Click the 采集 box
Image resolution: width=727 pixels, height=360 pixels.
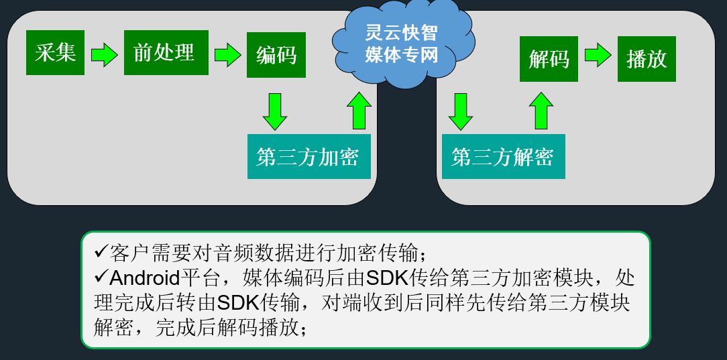click(x=55, y=53)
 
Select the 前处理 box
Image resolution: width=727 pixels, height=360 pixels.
click(x=166, y=53)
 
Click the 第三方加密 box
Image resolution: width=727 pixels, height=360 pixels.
click(x=309, y=157)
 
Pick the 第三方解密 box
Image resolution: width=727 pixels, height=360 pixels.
click(x=503, y=157)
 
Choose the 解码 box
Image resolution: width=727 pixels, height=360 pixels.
click(x=549, y=59)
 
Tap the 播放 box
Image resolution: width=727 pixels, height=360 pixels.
click(x=647, y=59)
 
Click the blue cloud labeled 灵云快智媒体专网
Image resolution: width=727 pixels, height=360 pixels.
click(x=402, y=46)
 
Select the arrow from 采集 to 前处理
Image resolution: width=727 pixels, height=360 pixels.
click(x=104, y=54)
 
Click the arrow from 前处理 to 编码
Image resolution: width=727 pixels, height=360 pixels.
click(x=227, y=54)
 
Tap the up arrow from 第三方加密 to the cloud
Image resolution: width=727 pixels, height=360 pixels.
click(x=359, y=111)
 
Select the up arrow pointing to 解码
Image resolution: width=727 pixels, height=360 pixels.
click(x=541, y=111)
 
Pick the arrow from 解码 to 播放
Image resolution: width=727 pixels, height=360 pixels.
click(x=598, y=55)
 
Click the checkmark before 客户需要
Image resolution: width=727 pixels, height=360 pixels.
click(x=101, y=253)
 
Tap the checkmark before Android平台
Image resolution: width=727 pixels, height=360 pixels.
click(x=101, y=277)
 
